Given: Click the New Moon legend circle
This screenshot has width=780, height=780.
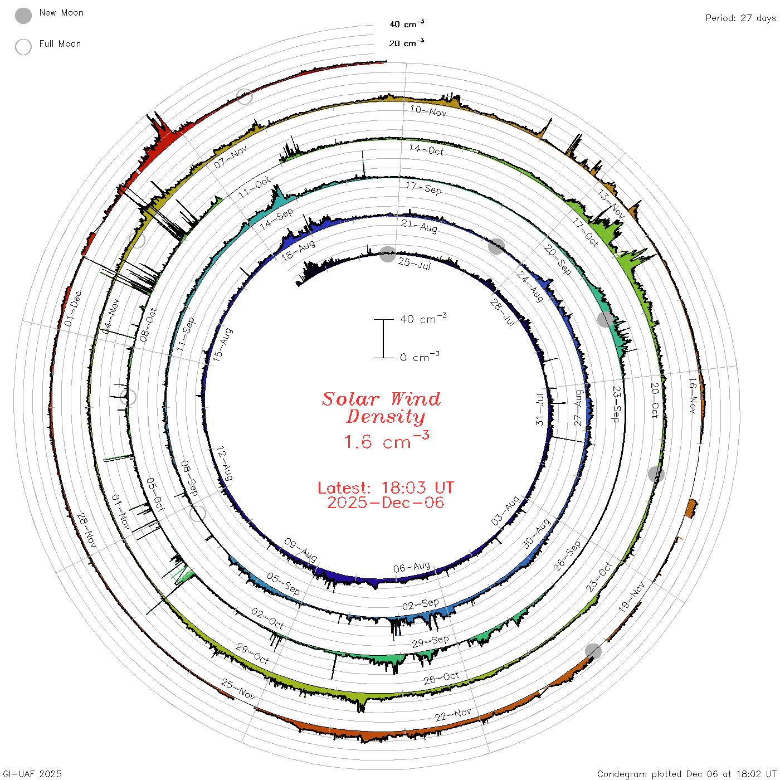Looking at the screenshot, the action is [23, 16].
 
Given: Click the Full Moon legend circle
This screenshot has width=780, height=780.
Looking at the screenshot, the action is [23, 47].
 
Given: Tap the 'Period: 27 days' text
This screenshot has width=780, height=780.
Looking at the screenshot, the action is [740, 18].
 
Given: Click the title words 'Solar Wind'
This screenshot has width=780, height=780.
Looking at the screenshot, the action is [381, 399].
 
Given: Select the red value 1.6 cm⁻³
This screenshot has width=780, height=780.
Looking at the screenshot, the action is [387, 440].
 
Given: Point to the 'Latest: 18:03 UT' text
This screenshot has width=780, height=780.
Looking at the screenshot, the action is [386, 487].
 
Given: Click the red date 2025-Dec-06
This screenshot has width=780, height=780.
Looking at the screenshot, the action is [386, 503].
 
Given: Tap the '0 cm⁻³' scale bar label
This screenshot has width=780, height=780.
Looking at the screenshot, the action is [420, 357].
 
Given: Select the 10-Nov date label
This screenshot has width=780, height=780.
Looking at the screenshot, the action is [428, 111].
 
